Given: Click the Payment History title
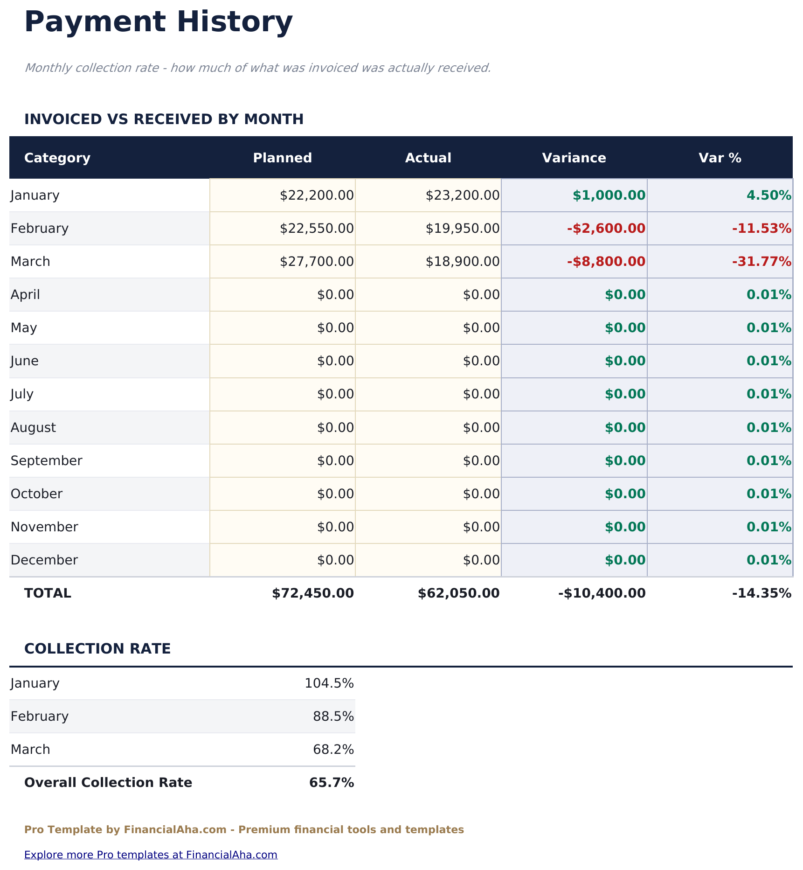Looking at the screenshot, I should [159, 22].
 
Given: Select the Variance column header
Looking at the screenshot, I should [574, 158].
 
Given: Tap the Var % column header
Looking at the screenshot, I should [720, 158].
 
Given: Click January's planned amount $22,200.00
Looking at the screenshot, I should [317, 195].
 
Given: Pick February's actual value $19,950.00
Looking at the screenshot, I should [462, 228].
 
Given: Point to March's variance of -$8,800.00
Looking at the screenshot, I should [606, 261].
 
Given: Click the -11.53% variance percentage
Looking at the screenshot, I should [761, 228].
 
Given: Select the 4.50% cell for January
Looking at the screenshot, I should [769, 195].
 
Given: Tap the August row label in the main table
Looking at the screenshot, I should [33, 427].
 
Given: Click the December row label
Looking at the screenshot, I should [44, 560].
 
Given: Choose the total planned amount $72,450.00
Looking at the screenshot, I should [313, 593].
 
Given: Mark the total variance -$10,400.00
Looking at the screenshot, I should [602, 593].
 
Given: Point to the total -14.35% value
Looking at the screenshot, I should [761, 593].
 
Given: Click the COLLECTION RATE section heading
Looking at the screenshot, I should [97, 648].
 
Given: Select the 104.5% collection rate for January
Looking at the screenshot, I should [329, 683].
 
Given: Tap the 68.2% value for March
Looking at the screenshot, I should [333, 749].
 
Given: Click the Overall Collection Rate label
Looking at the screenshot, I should [108, 782].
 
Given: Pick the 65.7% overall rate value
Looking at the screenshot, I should [332, 782].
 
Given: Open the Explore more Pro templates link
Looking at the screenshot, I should [151, 854].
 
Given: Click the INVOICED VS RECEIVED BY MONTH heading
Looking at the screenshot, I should [164, 119].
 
